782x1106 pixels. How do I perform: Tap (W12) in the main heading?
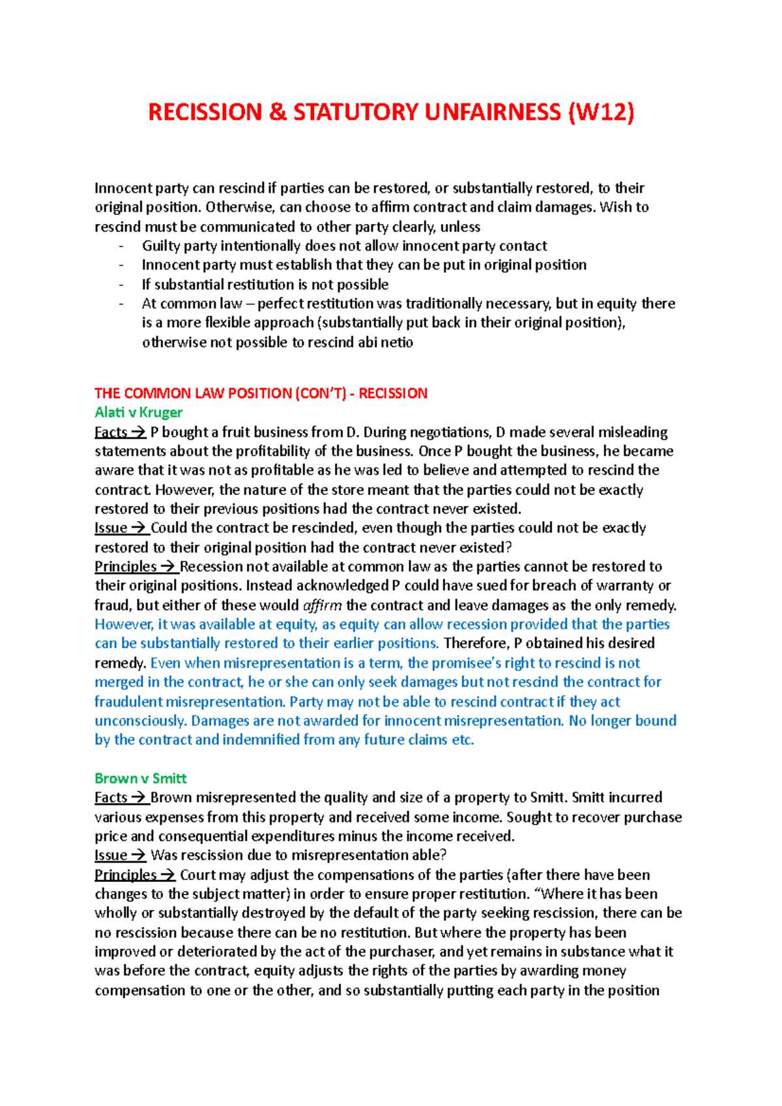601,112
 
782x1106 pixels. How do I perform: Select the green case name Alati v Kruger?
138,412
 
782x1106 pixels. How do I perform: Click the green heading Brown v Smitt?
140,778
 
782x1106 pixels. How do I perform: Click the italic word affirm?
323,605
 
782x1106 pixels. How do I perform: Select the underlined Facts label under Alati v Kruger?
111,432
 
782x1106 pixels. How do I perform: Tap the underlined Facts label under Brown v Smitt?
111,798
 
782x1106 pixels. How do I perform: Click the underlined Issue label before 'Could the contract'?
111,528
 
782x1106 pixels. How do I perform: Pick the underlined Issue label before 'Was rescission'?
111,855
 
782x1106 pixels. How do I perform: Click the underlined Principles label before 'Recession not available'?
126,567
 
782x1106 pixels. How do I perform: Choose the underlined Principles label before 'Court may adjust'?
126,875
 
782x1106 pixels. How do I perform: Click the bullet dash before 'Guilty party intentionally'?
121,246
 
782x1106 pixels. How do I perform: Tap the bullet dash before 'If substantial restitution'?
121,285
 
